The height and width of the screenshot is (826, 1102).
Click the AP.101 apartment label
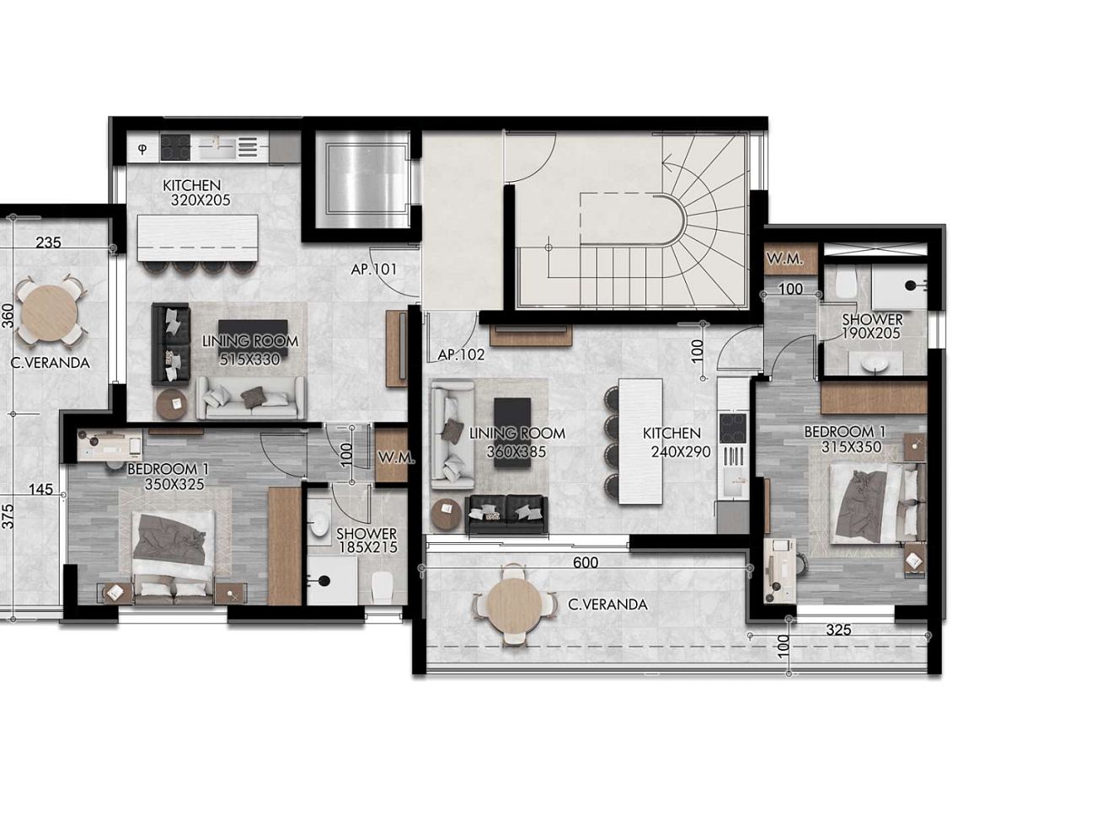click(373, 269)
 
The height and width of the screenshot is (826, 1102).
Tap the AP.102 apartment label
click(461, 354)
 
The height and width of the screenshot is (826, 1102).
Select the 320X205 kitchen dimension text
click(201, 200)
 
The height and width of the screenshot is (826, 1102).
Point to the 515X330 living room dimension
click(249, 359)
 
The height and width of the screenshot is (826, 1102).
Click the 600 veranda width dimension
click(586, 562)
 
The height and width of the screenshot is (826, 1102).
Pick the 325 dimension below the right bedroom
click(838, 630)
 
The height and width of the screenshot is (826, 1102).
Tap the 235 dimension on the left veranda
click(49, 242)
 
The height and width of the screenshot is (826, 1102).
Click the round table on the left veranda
click(51, 312)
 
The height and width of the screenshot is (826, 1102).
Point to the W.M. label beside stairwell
click(784, 258)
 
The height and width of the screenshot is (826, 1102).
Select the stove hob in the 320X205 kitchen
click(176, 147)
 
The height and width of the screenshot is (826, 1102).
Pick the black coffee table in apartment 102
click(512, 432)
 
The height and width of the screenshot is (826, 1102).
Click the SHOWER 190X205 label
click(871, 326)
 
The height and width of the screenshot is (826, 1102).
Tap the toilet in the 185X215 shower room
click(382, 589)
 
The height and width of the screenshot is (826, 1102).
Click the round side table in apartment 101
click(172, 403)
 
